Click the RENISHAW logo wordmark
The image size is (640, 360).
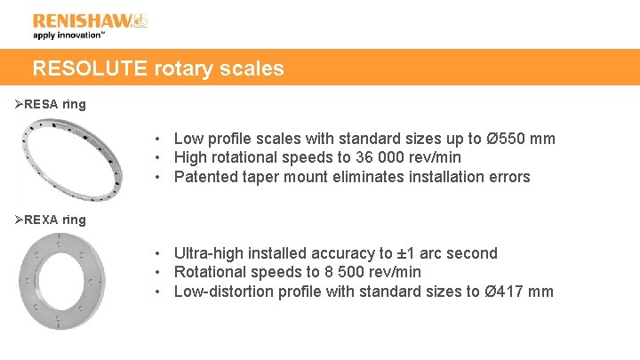(83, 20)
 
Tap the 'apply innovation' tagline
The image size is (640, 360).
(68, 36)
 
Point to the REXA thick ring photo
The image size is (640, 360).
(60, 280)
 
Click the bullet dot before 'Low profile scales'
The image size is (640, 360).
(156, 140)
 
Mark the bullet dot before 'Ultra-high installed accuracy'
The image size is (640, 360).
(156, 254)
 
